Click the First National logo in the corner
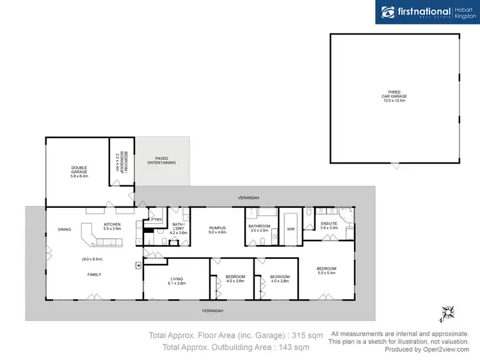click(427, 12)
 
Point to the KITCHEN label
click(113, 224)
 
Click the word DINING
click(65, 229)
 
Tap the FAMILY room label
click(95, 274)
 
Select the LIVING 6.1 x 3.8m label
click(177, 279)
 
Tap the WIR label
click(290, 228)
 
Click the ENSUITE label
click(328, 224)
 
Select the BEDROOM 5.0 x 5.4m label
click(326, 270)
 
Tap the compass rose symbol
click(448, 313)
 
